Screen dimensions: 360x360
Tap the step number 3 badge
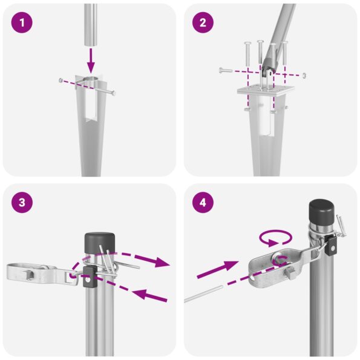pyautogui.click(x=22, y=203)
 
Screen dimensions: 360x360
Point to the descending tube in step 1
pyautogui.click(x=90, y=24)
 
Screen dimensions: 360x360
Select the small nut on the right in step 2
pyautogui.click(x=304, y=76)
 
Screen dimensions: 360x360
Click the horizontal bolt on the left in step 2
pyautogui.click(x=225, y=71)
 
